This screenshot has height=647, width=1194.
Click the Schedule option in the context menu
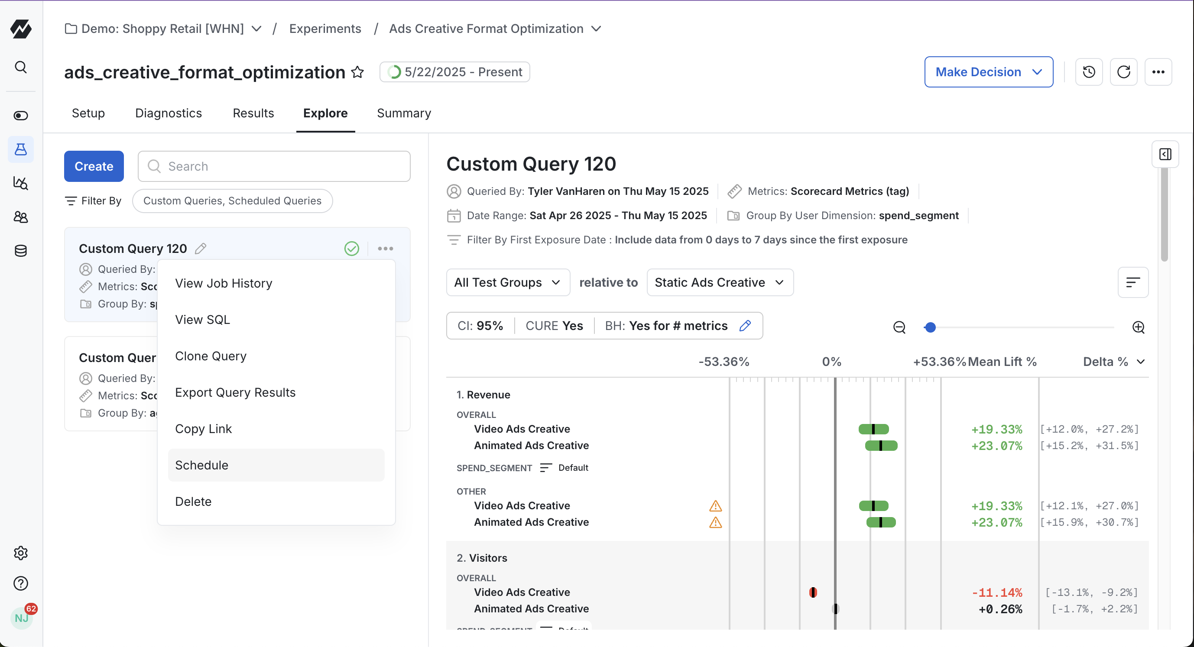pos(201,465)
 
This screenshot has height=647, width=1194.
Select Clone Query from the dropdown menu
pos(211,356)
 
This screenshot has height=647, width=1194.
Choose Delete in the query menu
pos(193,501)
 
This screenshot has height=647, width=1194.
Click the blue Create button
pos(94,166)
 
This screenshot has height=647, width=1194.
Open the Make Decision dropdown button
pos(988,72)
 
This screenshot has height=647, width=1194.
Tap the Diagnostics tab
pos(168,113)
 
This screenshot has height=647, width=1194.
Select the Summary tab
pos(404,113)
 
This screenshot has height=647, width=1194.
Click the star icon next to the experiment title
pos(357,72)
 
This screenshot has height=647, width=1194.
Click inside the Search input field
pos(278,166)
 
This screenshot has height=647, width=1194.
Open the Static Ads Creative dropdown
pos(719,282)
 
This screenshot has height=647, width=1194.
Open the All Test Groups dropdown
pos(508,282)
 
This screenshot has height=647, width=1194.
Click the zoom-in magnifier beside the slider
pos(1138,327)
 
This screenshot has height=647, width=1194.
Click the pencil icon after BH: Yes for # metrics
pos(745,326)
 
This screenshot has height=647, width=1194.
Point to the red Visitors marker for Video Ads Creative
pos(813,592)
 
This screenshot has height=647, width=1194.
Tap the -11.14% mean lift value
pos(996,592)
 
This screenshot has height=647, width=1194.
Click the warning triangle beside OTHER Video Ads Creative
pos(715,506)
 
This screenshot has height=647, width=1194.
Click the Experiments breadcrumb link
pos(325,29)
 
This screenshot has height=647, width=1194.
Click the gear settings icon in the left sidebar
pos(21,553)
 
